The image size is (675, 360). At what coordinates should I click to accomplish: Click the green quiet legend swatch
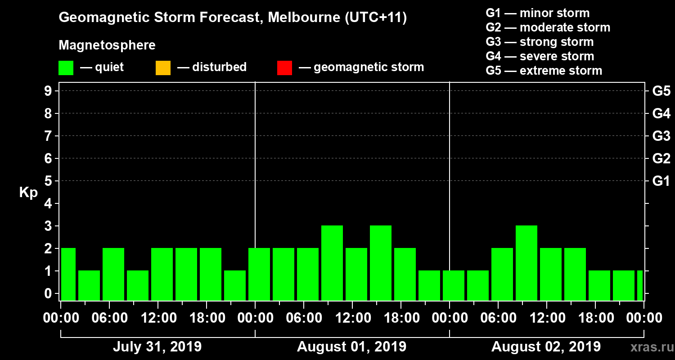tap(66, 67)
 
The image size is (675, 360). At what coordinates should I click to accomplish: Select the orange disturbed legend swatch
tap(163, 67)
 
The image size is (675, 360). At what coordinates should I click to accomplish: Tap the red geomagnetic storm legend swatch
tap(284, 67)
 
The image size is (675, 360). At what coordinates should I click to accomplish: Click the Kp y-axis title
tap(28, 193)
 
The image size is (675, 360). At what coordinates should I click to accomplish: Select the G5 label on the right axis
tap(661, 91)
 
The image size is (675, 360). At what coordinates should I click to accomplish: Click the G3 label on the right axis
tap(661, 136)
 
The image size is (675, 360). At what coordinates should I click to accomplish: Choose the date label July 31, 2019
tap(157, 347)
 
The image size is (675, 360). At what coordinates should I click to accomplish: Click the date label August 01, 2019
tap(351, 347)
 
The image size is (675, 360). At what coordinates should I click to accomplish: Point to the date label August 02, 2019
tap(546, 347)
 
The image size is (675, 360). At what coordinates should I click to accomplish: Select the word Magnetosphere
tap(107, 45)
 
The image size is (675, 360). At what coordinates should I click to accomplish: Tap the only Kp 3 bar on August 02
tap(526, 263)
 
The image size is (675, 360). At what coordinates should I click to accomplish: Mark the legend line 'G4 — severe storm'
tap(540, 56)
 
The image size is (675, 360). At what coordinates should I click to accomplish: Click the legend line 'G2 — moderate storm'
tap(548, 27)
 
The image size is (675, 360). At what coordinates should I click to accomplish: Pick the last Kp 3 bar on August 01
tap(381, 263)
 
